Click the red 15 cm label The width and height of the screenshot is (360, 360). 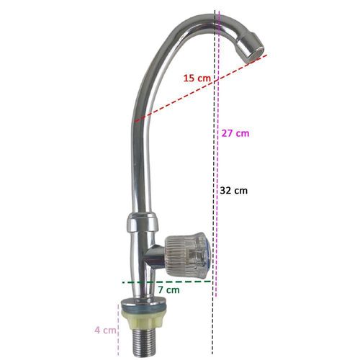click(x=197, y=78)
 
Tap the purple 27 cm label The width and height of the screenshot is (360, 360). click(x=235, y=133)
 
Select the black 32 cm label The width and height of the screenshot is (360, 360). click(x=233, y=191)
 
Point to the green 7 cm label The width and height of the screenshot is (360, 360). click(x=168, y=290)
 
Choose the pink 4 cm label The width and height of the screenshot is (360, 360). click(x=105, y=330)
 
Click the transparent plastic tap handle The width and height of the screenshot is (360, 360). click(x=187, y=255)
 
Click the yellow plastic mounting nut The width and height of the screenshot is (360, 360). click(x=143, y=319)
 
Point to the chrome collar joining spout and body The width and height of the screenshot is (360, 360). click(x=143, y=222)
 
